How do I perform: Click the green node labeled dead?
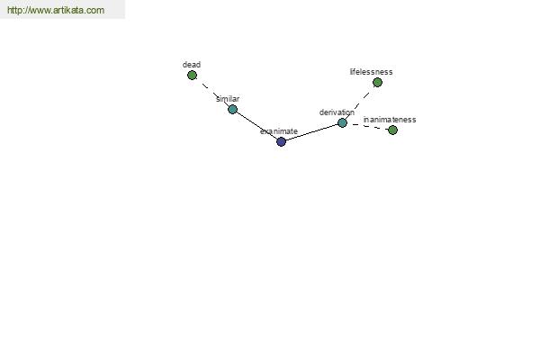pos(193,75)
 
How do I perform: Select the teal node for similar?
pos(232,109)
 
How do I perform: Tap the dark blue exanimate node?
pos(281,141)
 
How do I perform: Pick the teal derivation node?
pos(342,122)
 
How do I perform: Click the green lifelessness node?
pos(377,82)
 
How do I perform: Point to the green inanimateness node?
pos(392,130)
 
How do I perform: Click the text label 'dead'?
pos(192,65)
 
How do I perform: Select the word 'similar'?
pos(228,99)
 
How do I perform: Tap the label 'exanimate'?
pos(279,131)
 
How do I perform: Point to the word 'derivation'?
pos(337,112)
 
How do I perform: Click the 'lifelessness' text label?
pos(371,72)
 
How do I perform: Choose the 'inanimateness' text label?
pos(390,120)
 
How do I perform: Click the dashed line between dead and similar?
pos(212,93)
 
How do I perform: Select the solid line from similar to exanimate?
pos(256,125)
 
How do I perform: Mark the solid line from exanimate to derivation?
pos(311,132)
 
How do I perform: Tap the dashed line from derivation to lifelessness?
pos(360,103)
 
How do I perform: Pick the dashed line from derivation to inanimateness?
pos(367,126)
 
